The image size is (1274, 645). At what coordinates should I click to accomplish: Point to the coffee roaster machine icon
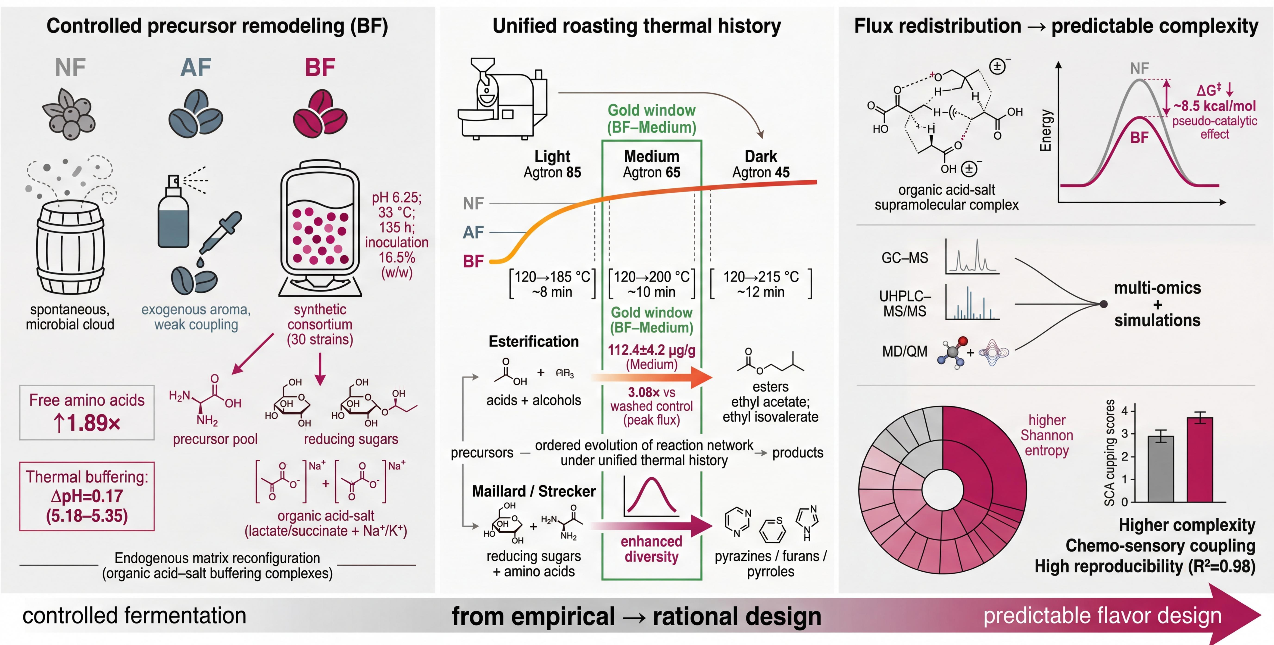point(502,99)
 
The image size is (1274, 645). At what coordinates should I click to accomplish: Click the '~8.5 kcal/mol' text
point(1215,106)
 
